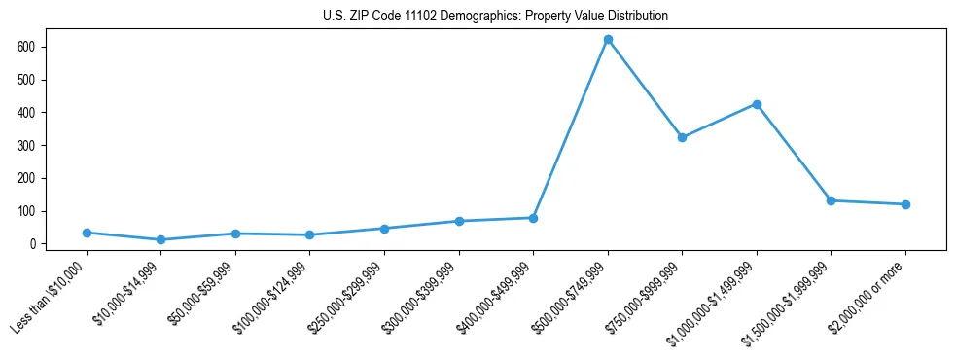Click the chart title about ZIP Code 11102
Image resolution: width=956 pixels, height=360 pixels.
(x=495, y=17)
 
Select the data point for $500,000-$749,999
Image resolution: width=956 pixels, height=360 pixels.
(x=608, y=40)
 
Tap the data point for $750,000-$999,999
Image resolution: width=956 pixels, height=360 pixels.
(x=682, y=138)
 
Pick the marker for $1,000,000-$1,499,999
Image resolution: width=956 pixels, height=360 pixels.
(x=757, y=104)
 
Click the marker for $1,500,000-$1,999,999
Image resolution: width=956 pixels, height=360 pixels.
(x=831, y=200)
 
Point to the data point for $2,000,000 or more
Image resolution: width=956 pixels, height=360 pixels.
(x=905, y=204)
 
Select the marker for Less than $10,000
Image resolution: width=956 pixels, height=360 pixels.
(x=87, y=233)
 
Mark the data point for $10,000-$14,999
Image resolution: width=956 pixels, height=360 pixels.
(x=160, y=239)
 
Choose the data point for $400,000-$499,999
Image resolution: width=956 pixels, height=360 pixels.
(x=533, y=218)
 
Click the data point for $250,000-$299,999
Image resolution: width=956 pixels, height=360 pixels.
(x=384, y=229)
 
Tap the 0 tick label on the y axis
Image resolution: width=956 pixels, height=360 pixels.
(x=32, y=244)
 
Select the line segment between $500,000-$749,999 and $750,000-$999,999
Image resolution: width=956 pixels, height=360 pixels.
(x=645, y=89)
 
